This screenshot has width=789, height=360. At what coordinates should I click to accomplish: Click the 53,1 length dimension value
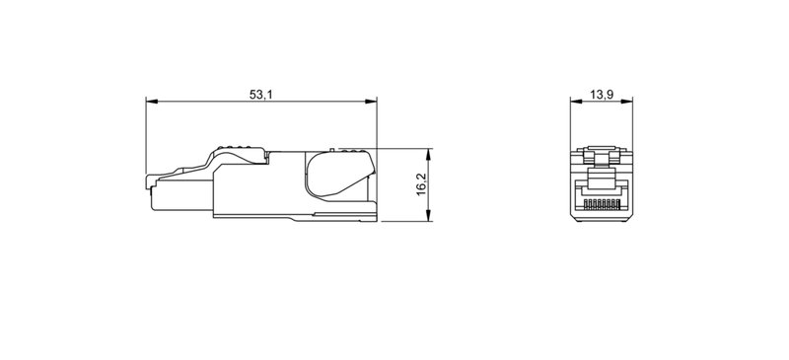(260, 94)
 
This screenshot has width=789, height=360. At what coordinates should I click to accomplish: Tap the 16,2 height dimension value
(421, 184)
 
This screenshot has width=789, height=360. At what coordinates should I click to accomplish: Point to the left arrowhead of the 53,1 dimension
(150, 102)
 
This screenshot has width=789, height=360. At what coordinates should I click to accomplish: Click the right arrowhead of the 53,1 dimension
(374, 102)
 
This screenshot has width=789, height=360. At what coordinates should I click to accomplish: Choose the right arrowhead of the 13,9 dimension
(628, 102)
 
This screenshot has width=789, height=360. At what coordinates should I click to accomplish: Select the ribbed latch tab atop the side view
(237, 152)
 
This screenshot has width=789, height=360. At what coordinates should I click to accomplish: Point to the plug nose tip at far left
(148, 181)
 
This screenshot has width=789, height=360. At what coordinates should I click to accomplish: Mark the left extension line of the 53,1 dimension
(146, 133)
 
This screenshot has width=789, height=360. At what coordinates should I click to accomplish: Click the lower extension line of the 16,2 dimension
(404, 221)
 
